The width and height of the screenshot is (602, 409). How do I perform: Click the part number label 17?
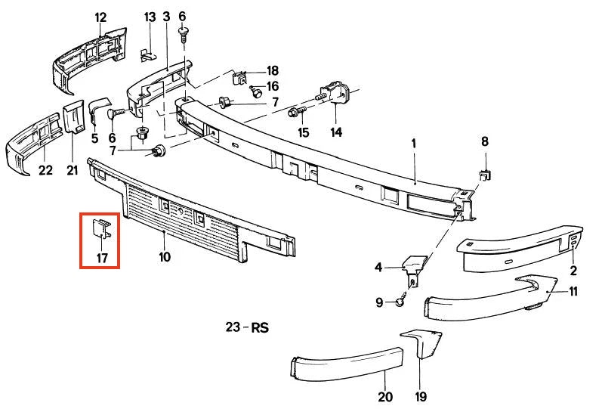102,258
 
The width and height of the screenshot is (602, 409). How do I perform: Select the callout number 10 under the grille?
165,257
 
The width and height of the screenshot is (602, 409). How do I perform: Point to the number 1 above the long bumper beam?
414,144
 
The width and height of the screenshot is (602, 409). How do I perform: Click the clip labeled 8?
485,175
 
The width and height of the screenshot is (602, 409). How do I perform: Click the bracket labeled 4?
414,267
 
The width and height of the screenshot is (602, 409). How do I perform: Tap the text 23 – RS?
247,327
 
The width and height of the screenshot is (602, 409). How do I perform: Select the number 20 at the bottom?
385,396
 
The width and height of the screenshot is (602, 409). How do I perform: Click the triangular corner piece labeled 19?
421,342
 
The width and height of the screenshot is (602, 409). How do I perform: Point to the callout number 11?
573,291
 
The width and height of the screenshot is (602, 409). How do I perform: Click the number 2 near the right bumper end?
573,270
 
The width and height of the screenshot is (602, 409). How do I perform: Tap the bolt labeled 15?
297,112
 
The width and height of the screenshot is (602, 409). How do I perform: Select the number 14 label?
336,132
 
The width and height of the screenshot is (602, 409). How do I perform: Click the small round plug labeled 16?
256,91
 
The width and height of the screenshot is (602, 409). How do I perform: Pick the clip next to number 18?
240,78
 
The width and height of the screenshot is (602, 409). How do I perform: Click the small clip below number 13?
148,55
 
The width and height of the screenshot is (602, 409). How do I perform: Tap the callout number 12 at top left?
100,17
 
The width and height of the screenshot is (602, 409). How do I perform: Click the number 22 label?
45,170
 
